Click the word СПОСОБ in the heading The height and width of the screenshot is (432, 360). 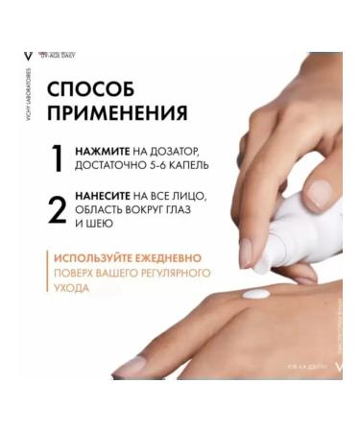[90, 87]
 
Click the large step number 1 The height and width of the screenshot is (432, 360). [58, 158]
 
